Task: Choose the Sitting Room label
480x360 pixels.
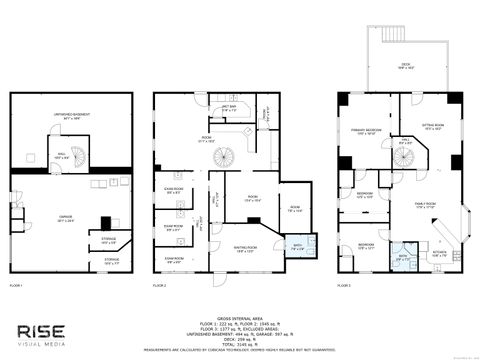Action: [x=432, y=128]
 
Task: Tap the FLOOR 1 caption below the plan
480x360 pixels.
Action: [x=16, y=285]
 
